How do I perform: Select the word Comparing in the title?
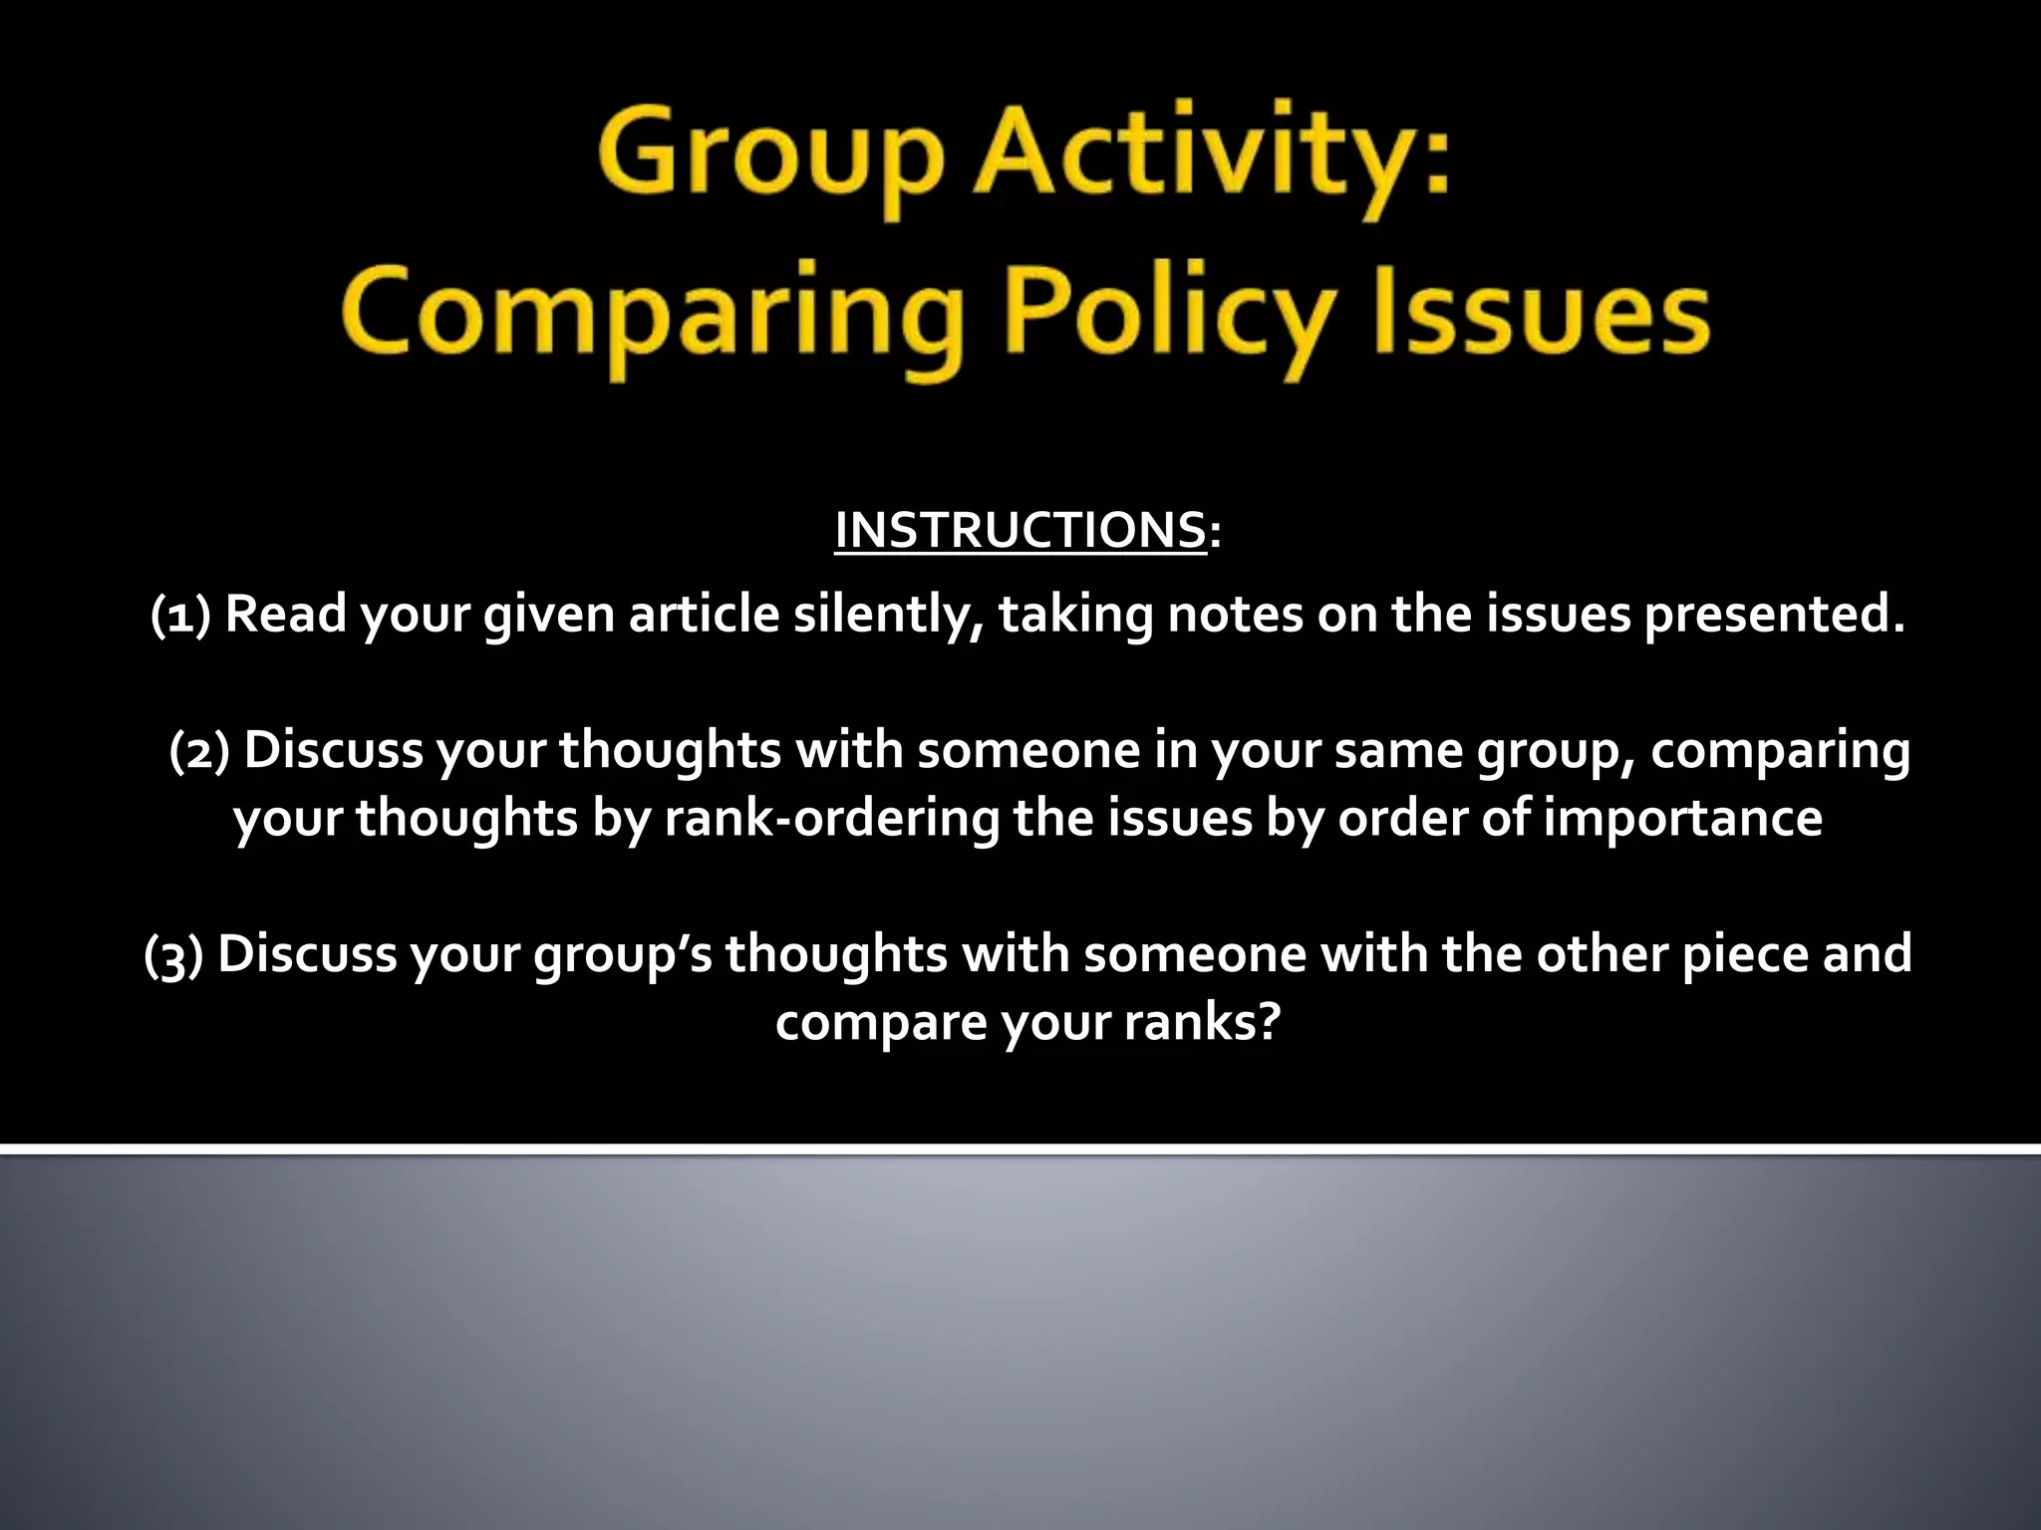[x=653, y=314]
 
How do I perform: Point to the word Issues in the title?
[x=1541, y=314]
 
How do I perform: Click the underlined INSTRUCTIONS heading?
[x=1020, y=530]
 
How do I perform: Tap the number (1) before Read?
[x=180, y=615]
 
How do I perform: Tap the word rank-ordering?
[x=831, y=819]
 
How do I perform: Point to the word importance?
[x=1682, y=819]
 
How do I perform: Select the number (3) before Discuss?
[x=174, y=954]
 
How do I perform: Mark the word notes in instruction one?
[x=1235, y=615]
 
